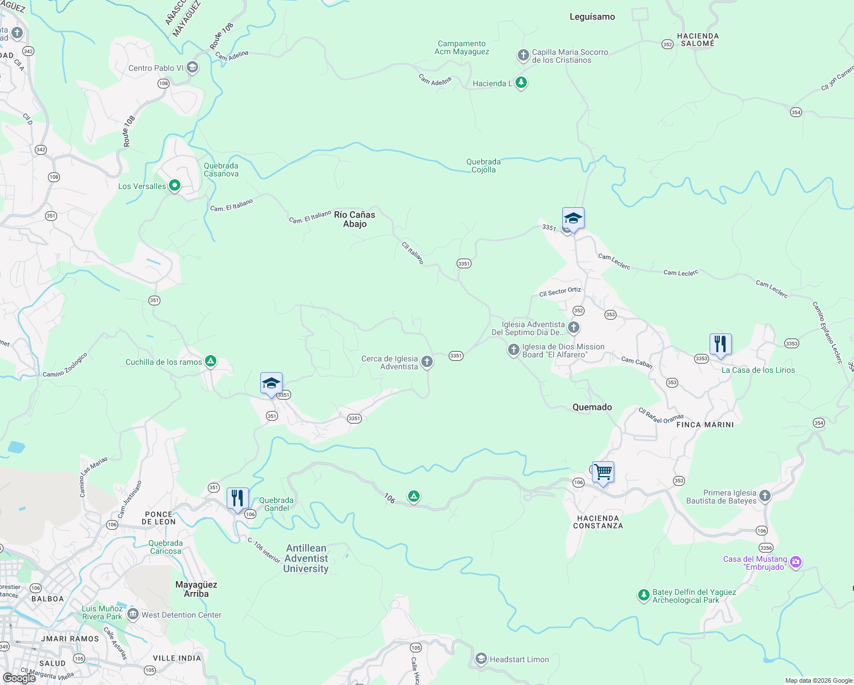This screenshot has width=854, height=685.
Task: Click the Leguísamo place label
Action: pyautogui.click(x=592, y=17)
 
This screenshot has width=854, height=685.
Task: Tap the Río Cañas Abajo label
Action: pyautogui.click(x=355, y=219)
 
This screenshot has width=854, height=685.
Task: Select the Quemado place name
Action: pyautogui.click(x=592, y=407)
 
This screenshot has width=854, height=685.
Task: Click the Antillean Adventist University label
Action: pyautogui.click(x=306, y=558)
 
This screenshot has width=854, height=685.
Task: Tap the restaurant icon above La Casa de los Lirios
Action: pyautogui.click(x=720, y=344)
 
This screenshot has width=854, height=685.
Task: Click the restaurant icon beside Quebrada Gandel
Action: pyautogui.click(x=237, y=498)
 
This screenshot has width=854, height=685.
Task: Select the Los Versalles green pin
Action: pyautogui.click(x=175, y=186)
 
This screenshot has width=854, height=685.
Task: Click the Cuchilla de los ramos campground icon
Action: pyautogui.click(x=211, y=361)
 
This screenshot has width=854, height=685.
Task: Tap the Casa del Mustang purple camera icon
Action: pyautogui.click(x=796, y=562)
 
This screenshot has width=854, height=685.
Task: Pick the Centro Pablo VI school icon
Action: pyautogui.click(x=192, y=68)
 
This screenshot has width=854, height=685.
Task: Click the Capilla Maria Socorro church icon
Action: pyautogui.click(x=523, y=55)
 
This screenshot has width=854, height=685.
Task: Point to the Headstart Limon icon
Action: pyautogui.click(x=481, y=659)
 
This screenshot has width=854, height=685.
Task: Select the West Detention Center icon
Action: pyautogui.click(x=133, y=615)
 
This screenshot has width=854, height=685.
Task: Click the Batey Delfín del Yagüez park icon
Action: pyautogui.click(x=643, y=595)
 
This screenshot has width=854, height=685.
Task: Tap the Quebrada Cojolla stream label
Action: pyautogui.click(x=484, y=166)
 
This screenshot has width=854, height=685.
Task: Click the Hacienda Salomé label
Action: pyautogui.click(x=698, y=39)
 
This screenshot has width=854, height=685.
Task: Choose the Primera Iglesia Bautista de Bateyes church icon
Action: pyautogui.click(x=765, y=496)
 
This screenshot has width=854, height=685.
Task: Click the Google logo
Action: pyautogui.click(x=19, y=678)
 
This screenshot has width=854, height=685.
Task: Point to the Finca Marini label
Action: pyautogui.click(x=705, y=425)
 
